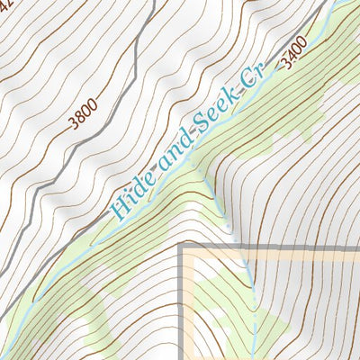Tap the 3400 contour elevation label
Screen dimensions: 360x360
293,52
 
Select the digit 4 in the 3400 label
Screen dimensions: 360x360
291,55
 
